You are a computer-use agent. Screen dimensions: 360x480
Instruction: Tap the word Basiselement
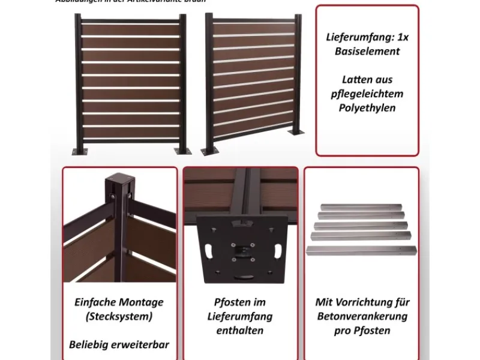(367, 52)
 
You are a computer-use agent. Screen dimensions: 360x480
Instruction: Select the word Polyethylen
(367, 109)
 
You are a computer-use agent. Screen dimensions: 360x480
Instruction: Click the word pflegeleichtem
(367, 94)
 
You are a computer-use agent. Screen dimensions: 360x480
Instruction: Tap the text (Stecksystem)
(119, 316)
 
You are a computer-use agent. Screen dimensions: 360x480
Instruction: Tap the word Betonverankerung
(362, 316)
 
